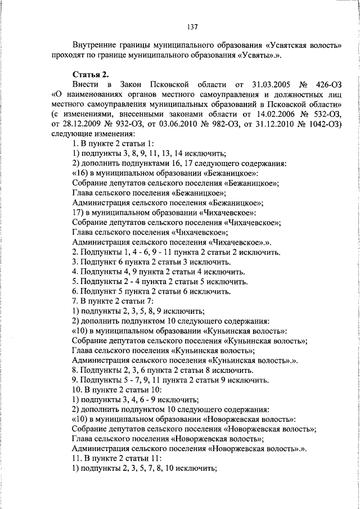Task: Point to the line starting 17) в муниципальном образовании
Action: pyautogui.click(x=164, y=212)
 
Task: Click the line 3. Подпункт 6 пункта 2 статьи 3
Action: pyautogui.click(x=152, y=262)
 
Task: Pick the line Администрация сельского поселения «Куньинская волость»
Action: pyautogui.click(x=186, y=360)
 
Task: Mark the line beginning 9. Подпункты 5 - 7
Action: pyautogui.click(x=170, y=380)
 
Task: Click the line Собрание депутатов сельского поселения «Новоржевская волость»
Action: pyautogui.click(x=194, y=429)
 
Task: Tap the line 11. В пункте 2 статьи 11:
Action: pyautogui.click(x=112, y=458)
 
